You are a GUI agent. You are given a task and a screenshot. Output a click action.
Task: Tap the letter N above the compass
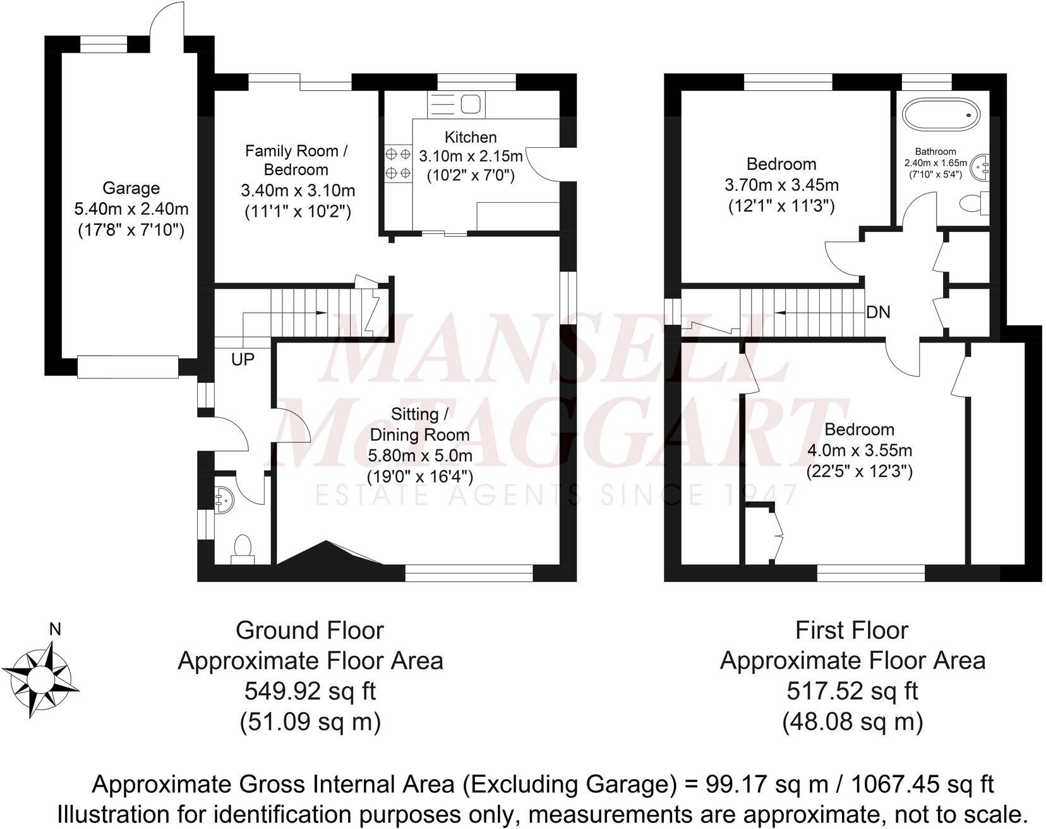56,629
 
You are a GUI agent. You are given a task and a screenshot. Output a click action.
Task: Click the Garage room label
131,188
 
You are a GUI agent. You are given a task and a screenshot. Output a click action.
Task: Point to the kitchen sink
470,104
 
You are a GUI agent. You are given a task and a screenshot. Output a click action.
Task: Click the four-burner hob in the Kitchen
397,163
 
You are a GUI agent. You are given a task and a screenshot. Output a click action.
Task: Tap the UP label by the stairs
243,360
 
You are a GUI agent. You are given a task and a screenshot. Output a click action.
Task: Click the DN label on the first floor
878,312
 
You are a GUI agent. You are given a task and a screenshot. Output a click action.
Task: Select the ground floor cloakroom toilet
243,548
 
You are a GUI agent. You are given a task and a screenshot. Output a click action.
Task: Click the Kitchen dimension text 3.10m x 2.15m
471,156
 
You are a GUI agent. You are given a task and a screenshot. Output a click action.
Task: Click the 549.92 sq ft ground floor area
310,691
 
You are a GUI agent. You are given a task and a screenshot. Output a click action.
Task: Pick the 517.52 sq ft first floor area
852,691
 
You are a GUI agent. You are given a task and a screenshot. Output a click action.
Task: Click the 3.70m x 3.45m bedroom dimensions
781,185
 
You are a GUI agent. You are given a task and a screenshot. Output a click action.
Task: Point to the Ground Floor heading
310,630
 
